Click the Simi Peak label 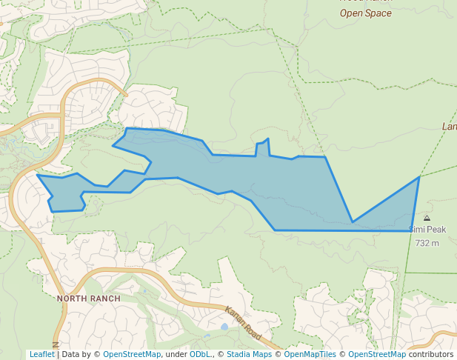pos(427,230)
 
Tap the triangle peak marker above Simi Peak pos(427,219)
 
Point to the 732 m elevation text pos(427,243)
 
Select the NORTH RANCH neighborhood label pos(88,299)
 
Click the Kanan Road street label pos(244,324)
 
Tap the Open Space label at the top pos(365,13)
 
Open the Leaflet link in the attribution pos(41,354)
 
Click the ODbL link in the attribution pos(200,354)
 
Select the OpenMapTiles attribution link pos(311,354)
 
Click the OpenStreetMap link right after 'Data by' pos(132,354)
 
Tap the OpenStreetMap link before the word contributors pos(377,354)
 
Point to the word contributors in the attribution pos(431,354)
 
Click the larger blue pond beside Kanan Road pos(224,326)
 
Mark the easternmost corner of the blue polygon pos(419,177)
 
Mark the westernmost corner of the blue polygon pos(38,176)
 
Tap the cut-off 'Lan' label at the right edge pos(449,127)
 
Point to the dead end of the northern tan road pos(126,94)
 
